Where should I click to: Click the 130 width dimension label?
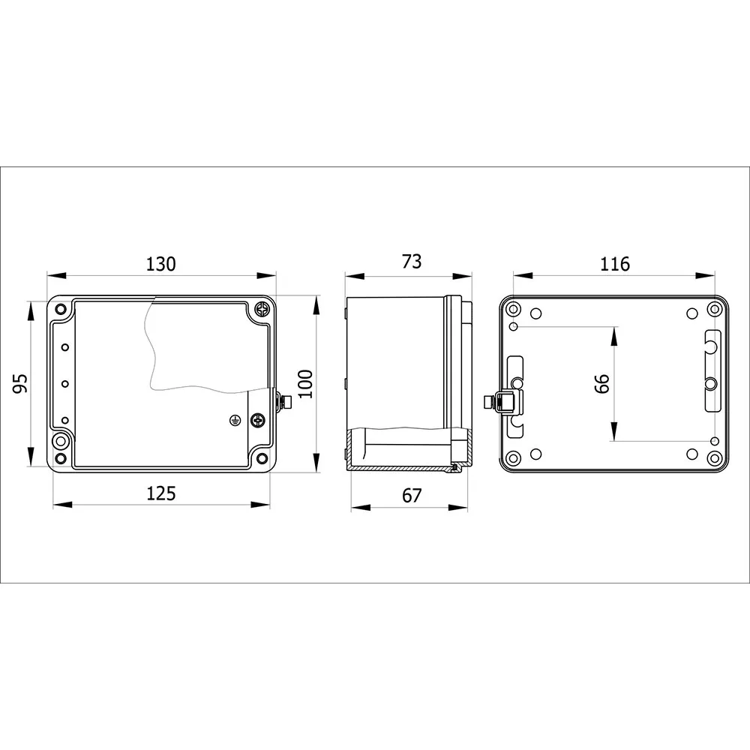160,264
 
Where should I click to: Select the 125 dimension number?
161,493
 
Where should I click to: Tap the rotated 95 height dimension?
20,383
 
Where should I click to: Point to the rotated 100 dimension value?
306,383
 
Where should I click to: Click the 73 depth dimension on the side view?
411,262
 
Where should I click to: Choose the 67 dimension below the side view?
411,496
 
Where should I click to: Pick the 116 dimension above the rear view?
615,264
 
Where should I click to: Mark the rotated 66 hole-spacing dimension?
602,383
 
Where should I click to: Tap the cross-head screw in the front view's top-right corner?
262,309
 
